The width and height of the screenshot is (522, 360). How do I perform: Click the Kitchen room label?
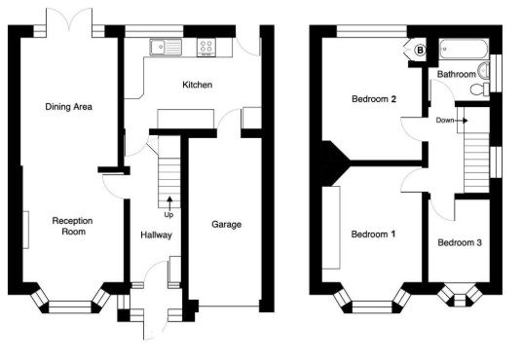click(198, 85)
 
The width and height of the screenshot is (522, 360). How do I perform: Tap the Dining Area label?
click(68, 107)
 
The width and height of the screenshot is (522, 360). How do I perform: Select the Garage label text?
click(226, 225)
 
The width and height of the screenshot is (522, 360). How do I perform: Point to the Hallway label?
click(156, 234)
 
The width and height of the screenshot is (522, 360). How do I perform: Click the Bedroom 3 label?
click(460, 242)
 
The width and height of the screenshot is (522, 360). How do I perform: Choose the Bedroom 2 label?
click(374, 99)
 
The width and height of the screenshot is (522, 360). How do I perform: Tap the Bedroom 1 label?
click(373, 234)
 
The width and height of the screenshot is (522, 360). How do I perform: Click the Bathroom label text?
click(457, 74)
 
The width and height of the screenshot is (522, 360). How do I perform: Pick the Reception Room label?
click(73, 226)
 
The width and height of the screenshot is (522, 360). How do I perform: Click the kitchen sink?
click(166, 48)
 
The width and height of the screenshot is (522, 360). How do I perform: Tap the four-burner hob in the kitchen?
click(206, 48)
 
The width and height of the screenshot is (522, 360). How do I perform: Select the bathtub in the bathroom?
click(465, 50)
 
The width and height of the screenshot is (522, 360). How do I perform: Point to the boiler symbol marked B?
click(420, 51)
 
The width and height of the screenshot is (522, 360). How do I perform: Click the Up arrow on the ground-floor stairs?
click(169, 202)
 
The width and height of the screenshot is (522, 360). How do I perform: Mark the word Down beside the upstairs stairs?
click(445, 120)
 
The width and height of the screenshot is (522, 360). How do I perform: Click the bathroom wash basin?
click(483, 70)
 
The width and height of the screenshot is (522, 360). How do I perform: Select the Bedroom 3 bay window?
click(460, 295)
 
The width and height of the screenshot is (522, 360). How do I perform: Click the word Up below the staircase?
click(168, 215)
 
